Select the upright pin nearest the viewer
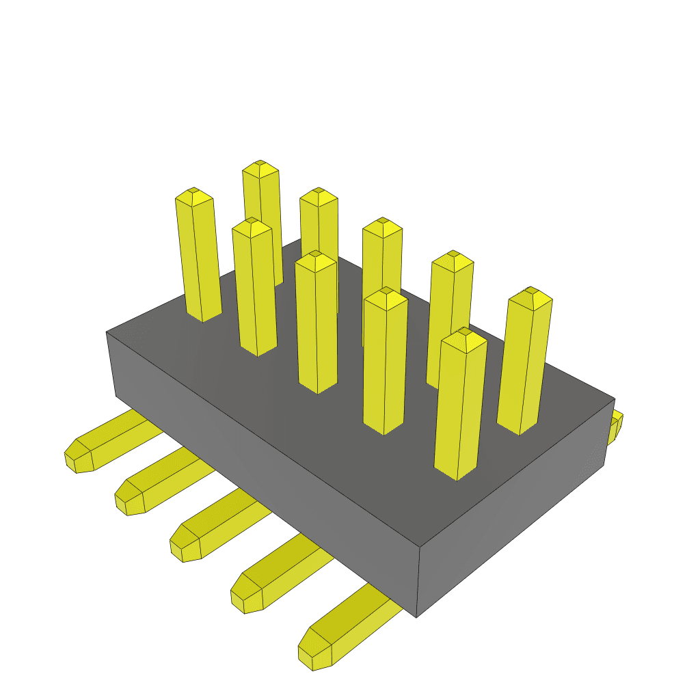(x=461, y=403)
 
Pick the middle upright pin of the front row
(x=317, y=321)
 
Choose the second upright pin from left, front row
(x=254, y=287)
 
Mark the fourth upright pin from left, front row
(x=385, y=362)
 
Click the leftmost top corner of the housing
(x=107, y=332)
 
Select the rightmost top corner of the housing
(x=614, y=399)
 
